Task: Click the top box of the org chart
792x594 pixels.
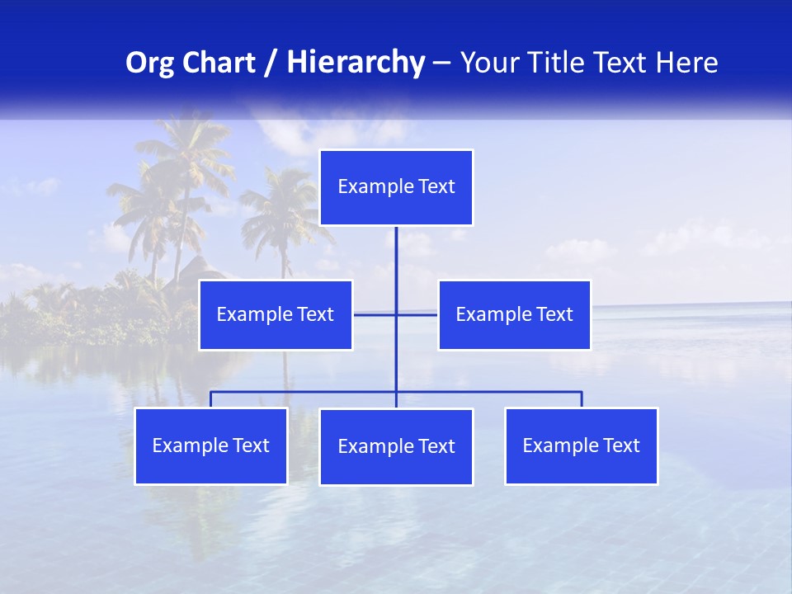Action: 396,187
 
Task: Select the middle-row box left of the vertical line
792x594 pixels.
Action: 276,314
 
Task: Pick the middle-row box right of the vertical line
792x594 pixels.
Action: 514,314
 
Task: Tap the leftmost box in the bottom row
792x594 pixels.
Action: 210,445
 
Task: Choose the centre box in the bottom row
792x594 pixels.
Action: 396,446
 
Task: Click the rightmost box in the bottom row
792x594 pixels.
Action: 581,445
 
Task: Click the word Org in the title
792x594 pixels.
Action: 148,63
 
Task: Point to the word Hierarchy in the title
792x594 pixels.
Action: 355,63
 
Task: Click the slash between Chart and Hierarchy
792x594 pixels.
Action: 271,63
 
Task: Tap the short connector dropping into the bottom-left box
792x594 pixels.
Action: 210,399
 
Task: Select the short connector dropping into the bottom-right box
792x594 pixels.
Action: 582,399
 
